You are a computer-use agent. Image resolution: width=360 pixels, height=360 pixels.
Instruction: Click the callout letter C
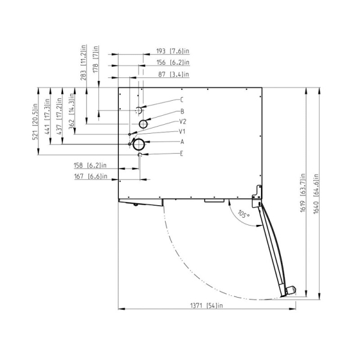pyautogui.click(x=182, y=100)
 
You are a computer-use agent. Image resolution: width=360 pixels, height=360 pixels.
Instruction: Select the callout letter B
pyautogui.click(x=182, y=112)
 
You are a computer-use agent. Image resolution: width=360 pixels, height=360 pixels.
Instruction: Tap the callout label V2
pyautogui.click(x=182, y=121)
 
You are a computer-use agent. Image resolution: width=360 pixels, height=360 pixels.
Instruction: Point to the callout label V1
pyautogui.click(x=182, y=131)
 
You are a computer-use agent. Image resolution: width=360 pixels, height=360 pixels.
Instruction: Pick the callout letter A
pyautogui.click(x=182, y=142)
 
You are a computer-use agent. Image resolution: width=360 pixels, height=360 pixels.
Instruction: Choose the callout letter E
pyautogui.click(x=182, y=154)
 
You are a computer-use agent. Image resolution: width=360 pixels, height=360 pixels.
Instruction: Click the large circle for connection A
pyautogui.click(x=139, y=139)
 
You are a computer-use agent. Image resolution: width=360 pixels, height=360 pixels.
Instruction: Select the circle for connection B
pyautogui.click(x=143, y=120)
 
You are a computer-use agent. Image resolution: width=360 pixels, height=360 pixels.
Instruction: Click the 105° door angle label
pyautogui.click(x=244, y=214)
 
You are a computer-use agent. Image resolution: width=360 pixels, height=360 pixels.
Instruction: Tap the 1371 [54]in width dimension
pyautogui.click(x=206, y=305)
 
